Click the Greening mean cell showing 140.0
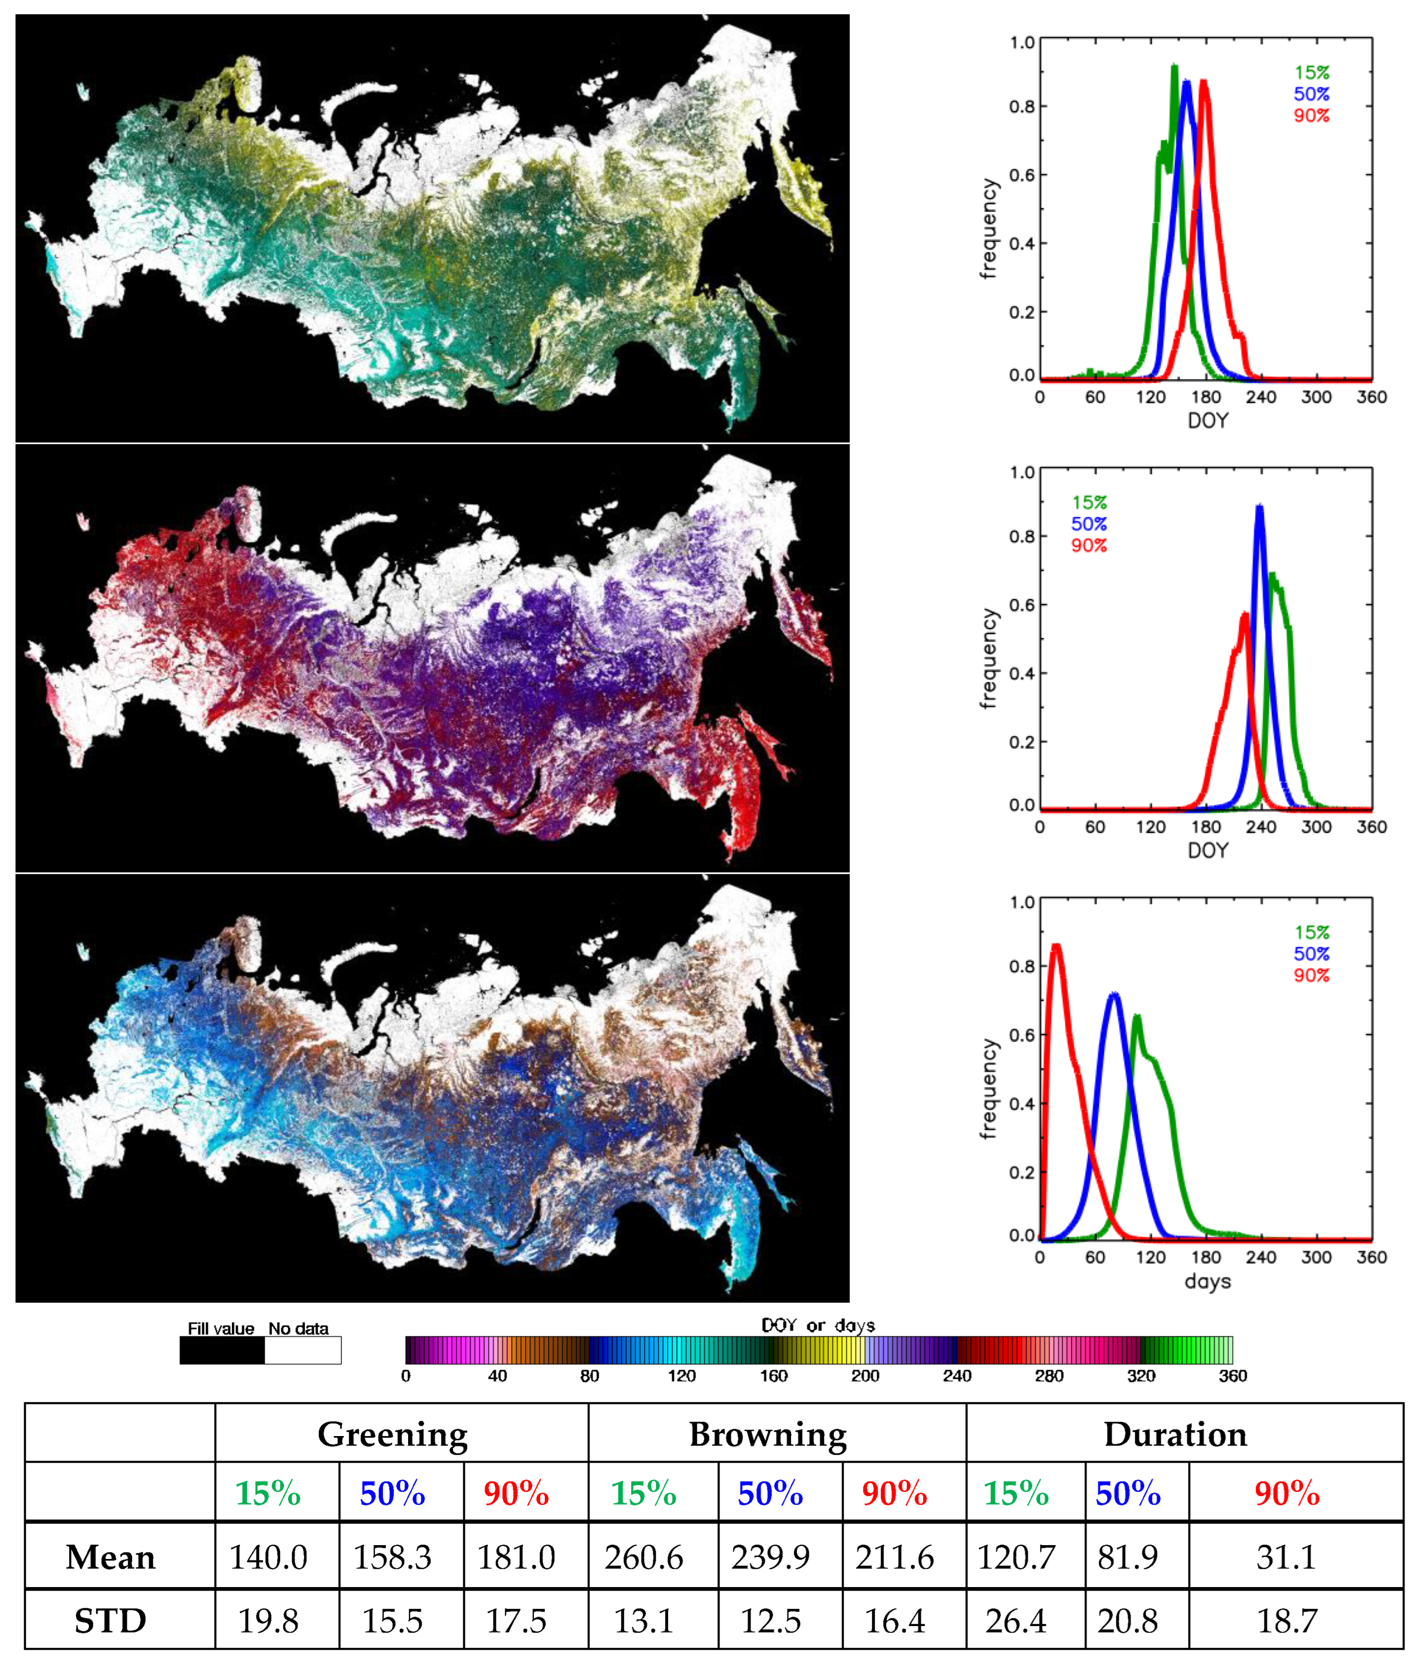(x=268, y=1558)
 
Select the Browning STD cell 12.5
(x=770, y=1621)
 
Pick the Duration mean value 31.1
(x=1286, y=1558)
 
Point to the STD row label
(x=110, y=1621)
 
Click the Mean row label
(x=110, y=1558)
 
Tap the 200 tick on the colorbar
(x=865, y=1376)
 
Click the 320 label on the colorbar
(x=1140, y=1376)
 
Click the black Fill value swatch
(x=222, y=1350)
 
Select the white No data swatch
(x=302, y=1350)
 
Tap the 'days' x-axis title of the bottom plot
(x=1207, y=1281)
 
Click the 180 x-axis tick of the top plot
(x=1206, y=397)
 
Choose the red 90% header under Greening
(x=516, y=1494)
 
